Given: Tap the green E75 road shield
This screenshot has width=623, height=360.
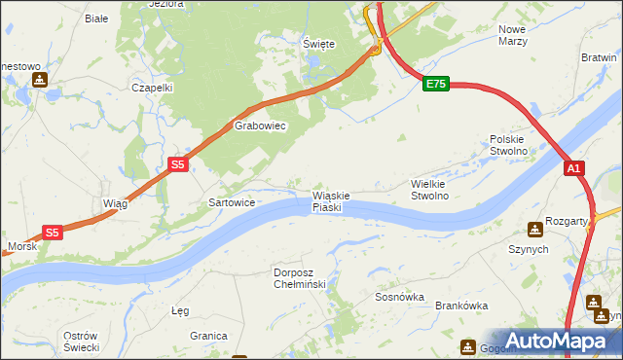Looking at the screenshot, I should pyautogui.click(x=435, y=85).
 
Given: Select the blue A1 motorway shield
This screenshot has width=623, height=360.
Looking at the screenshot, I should pyautogui.click(x=574, y=168).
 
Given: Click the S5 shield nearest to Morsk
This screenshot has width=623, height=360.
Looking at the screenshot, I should pyautogui.click(x=53, y=233).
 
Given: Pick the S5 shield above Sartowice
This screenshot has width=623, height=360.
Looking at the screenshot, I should pyautogui.click(x=177, y=165).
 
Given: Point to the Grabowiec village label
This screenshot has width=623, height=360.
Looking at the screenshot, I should pyautogui.click(x=259, y=126).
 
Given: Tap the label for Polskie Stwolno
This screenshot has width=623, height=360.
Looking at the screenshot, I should pyautogui.click(x=508, y=145).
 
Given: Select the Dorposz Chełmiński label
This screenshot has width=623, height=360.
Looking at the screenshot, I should pyautogui.click(x=304, y=277).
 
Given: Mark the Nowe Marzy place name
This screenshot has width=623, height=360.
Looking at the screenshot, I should pyautogui.click(x=512, y=36).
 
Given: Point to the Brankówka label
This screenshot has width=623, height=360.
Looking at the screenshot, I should pyautogui.click(x=460, y=306).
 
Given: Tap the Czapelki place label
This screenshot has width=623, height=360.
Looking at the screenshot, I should pyautogui.click(x=152, y=87).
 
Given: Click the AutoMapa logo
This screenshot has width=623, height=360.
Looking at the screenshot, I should pyautogui.click(x=556, y=341).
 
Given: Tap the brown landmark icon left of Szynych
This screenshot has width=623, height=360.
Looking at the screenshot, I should pyautogui.click(x=534, y=230).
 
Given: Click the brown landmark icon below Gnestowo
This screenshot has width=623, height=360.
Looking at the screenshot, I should pyautogui.click(x=39, y=80).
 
